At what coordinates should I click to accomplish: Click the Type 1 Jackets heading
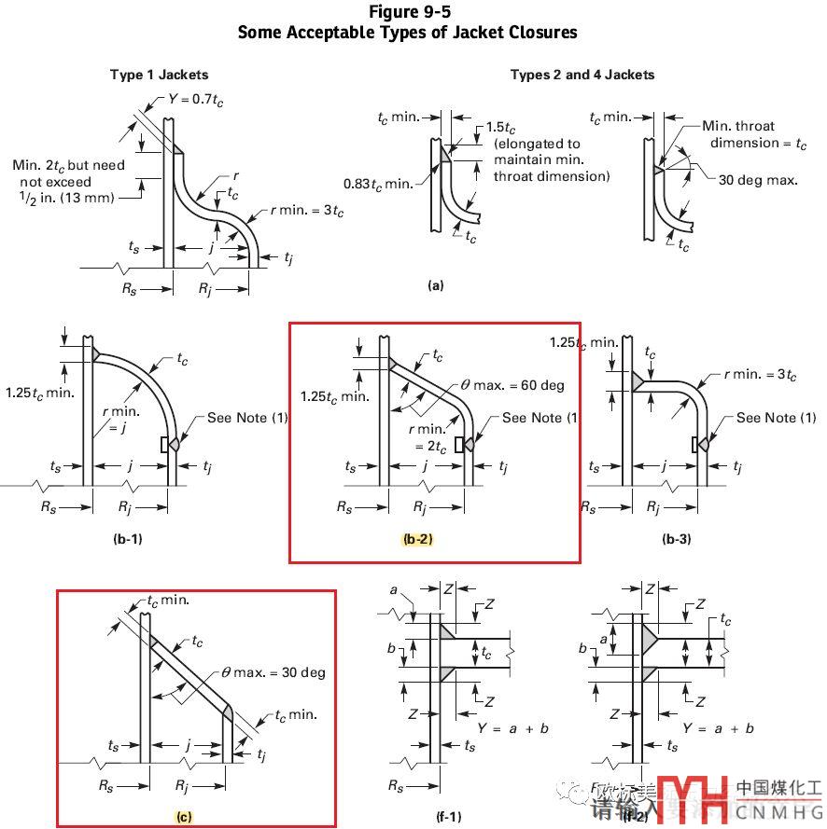[159, 75]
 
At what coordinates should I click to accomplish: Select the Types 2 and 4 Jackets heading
[582, 75]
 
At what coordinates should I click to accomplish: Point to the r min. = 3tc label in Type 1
[305, 212]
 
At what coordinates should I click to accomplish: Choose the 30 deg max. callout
[758, 180]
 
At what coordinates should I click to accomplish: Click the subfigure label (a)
[435, 286]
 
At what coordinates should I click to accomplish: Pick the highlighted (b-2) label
[417, 539]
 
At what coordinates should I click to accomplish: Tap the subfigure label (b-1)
[126, 539]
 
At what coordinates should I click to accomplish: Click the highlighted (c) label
[184, 817]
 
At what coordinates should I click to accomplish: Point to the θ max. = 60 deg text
[513, 385]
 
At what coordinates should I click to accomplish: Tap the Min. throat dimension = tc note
[743, 134]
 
